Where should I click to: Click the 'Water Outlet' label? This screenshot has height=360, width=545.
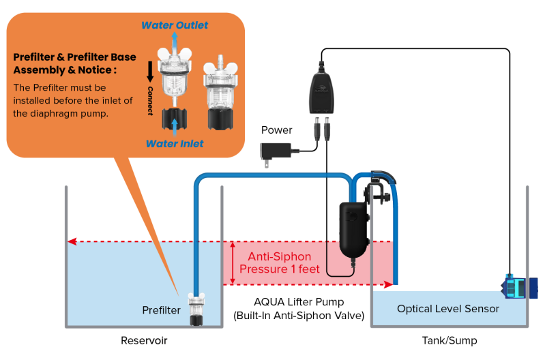tap(175, 26)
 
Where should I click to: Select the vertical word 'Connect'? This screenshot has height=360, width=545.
tap(150, 100)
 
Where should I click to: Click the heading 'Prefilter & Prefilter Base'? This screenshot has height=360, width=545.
tap(75, 57)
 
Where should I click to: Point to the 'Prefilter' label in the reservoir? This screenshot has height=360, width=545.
tap(162, 311)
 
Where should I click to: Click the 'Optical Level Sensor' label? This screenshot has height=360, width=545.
tap(448, 309)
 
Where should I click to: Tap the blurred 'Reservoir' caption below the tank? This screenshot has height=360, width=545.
tap(144, 341)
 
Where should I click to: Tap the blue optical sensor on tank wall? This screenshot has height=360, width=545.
tap(520, 286)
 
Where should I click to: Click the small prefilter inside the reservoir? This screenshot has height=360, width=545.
tap(196, 307)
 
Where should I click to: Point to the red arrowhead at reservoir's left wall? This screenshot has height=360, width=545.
tap(72, 241)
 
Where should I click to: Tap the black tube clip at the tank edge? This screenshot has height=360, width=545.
tap(375, 190)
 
